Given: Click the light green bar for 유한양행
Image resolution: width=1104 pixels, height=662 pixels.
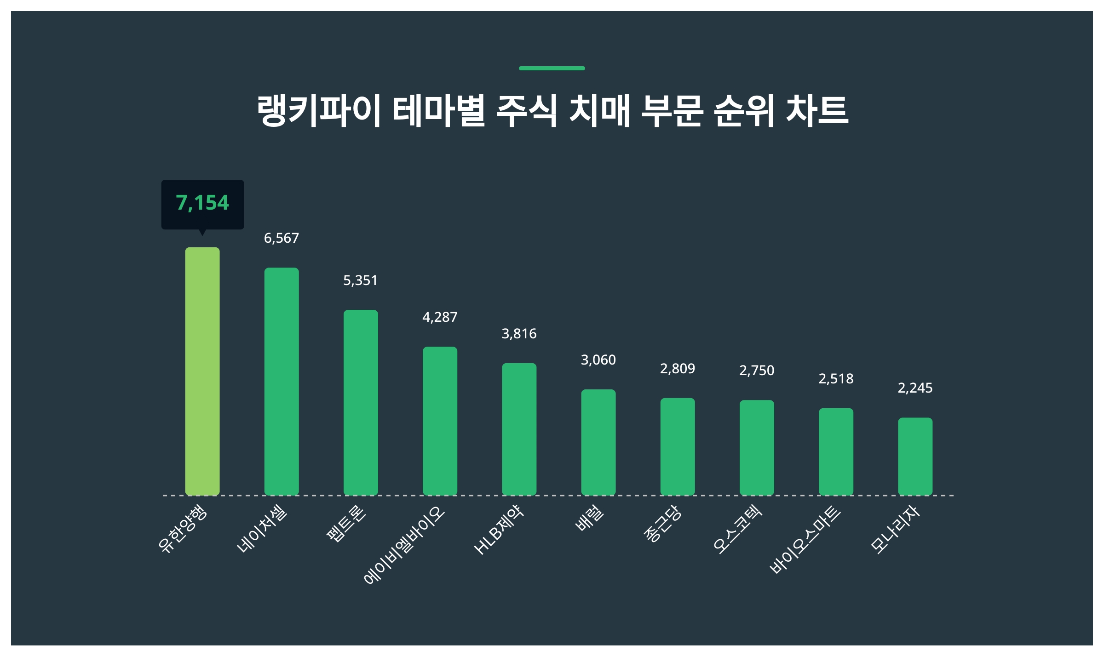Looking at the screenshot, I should point(202,371).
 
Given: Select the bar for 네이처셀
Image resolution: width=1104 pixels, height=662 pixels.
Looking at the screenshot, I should point(282,381).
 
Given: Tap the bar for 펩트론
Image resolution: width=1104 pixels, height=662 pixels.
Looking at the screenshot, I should point(361,402).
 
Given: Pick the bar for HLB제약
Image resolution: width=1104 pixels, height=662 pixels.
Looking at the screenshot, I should point(519,429).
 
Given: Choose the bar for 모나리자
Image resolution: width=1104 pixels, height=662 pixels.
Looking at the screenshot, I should point(915,456).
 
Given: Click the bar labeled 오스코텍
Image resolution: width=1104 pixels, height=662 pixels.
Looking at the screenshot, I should point(757,447).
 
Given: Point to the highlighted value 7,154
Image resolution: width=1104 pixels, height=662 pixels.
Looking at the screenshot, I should point(202,203).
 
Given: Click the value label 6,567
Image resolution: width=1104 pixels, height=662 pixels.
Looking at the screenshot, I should point(282,238).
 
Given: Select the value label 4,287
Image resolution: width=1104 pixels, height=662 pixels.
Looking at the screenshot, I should point(440,317).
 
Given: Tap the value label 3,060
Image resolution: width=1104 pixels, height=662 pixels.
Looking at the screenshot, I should point(598,360).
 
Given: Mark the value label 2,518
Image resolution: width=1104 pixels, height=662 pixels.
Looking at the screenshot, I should point(836,379).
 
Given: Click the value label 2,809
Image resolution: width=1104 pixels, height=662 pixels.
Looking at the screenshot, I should point(677,369).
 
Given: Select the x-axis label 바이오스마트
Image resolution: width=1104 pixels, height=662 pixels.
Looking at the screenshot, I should point(805,540).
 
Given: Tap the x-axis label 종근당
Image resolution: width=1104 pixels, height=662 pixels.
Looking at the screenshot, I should point(662,524).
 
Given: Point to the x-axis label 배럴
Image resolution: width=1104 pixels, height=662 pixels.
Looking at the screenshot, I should point(590,519).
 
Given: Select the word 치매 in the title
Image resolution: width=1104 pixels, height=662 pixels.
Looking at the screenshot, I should point(599,110).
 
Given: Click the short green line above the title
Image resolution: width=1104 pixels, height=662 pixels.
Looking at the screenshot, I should point(552,68).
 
